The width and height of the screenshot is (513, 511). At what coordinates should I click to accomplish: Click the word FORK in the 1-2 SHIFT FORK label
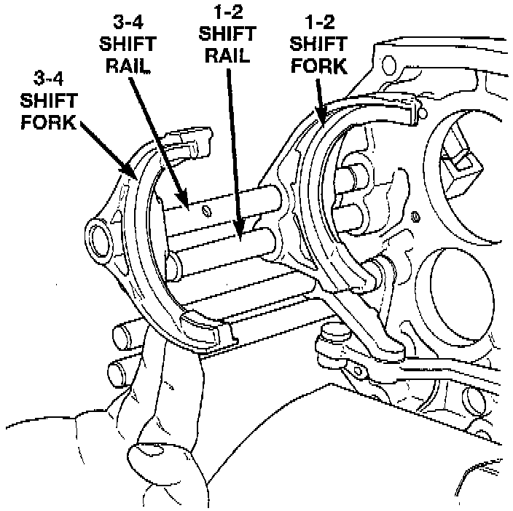[318, 67]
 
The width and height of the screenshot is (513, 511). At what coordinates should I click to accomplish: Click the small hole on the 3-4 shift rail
[205, 211]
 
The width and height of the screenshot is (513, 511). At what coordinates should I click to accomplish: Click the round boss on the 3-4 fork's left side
[97, 236]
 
